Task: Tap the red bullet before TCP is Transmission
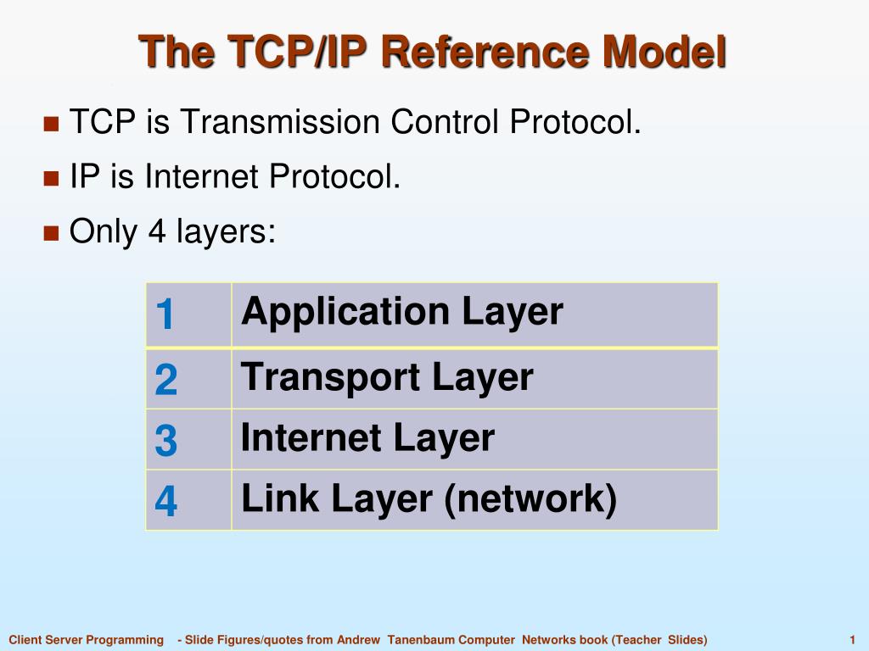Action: [x=51, y=124]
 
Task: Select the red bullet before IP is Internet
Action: [x=51, y=178]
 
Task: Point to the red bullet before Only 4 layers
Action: [x=51, y=231]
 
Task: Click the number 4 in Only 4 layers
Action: [x=156, y=231]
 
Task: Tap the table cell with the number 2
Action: [x=166, y=380]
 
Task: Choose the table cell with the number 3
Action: [x=166, y=441]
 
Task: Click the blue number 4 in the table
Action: [x=166, y=502]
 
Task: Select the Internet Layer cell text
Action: [x=367, y=438]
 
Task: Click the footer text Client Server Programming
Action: [x=86, y=640]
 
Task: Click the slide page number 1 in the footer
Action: [x=851, y=640]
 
